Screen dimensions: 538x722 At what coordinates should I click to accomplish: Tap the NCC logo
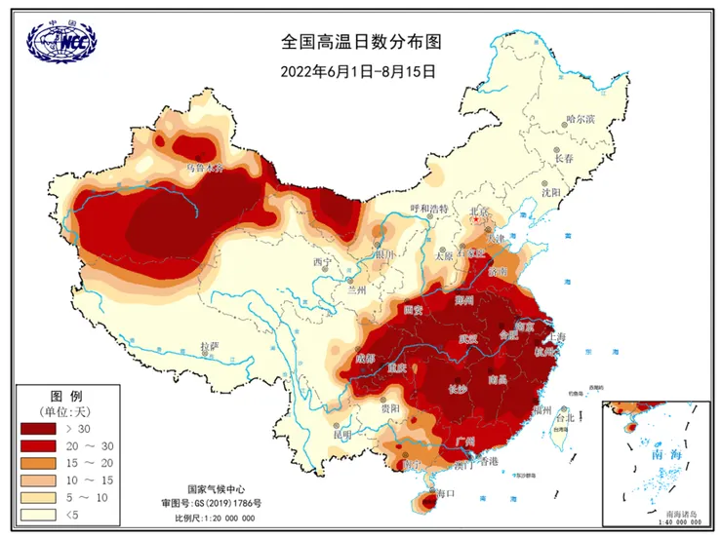[61, 41]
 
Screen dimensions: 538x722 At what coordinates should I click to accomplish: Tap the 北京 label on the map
[477, 210]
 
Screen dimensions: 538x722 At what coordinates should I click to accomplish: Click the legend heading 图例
[64, 395]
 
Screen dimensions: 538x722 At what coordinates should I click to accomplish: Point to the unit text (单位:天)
[65, 410]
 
